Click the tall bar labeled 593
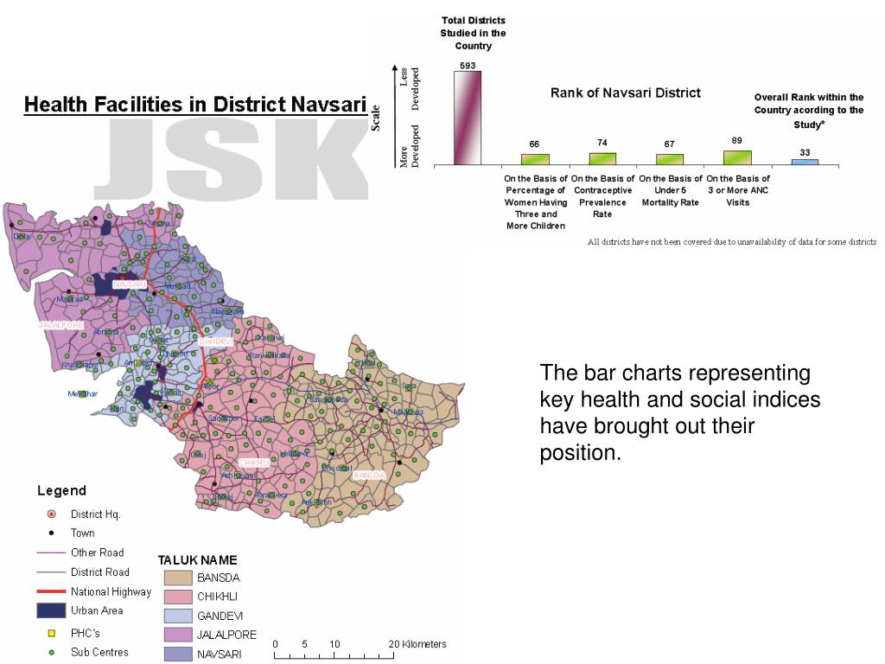click(x=468, y=118)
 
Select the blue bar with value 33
click(x=805, y=162)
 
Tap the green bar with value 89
click(x=737, y=157)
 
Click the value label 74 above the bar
click(x=602, y=143)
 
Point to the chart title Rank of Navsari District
click(x=626, y=93)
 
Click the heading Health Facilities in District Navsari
click(x=194, y=105)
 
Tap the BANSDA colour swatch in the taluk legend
click(x=178, y=578)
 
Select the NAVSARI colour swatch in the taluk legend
click(x=178, y=654)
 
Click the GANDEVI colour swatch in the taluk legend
click(x=178, y=616)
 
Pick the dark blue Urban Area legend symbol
click(x=51, y=610)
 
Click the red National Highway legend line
click(x=51, y=591)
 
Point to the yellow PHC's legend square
click(x=51, y=633)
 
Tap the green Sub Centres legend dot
click(x=51, y=652)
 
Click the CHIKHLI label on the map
click(x=254, y=463)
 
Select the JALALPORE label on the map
click(x=60, y=325)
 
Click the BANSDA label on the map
click(x=369, y=476)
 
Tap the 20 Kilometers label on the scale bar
click(x=417, y=644)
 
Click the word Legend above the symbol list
click(x=61, y=491)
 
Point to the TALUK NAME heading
click(x=197, y=560)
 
